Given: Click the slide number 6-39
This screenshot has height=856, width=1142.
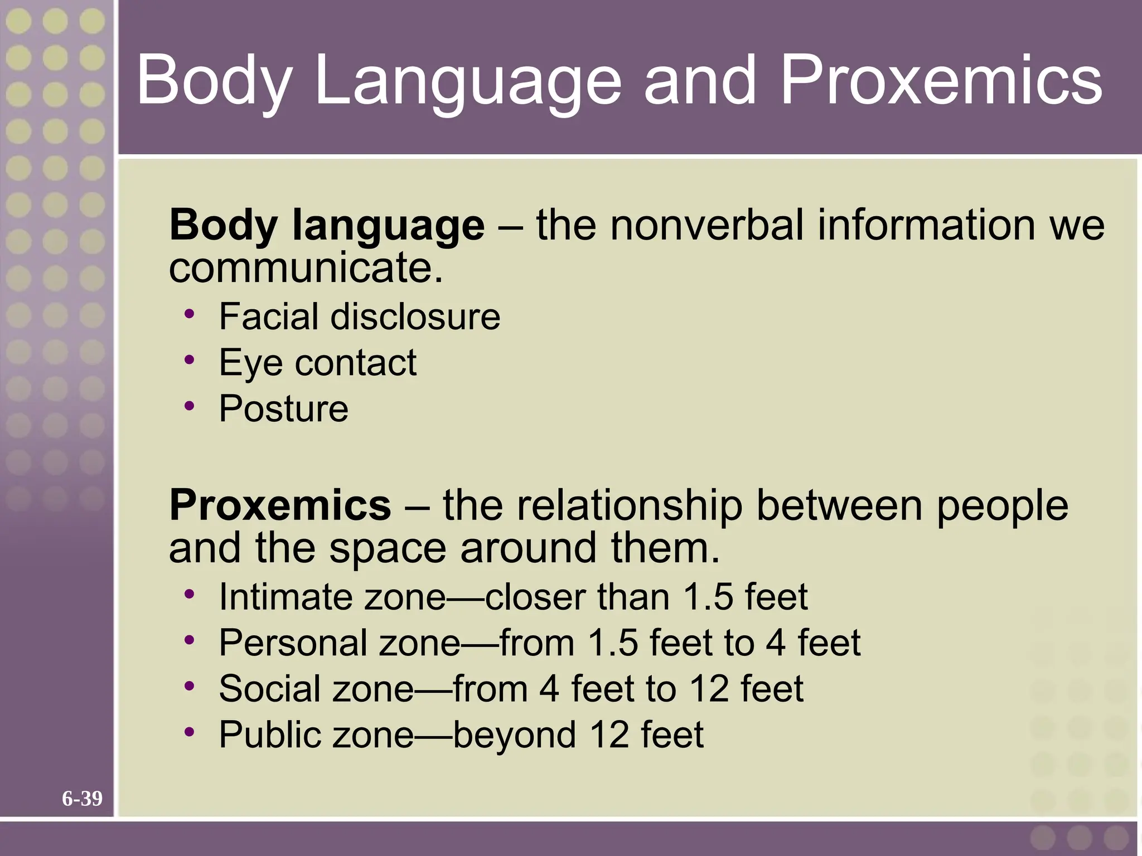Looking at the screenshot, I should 82,799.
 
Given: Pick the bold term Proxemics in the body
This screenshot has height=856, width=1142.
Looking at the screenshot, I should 280,505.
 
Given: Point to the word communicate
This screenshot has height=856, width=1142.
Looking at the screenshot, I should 306,267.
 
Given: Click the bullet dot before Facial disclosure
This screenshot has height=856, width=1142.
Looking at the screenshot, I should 190,313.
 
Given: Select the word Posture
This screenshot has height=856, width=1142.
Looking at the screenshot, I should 283,408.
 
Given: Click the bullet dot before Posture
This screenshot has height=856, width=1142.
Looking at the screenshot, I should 190,405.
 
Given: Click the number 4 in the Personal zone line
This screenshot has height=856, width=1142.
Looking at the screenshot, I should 776,643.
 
